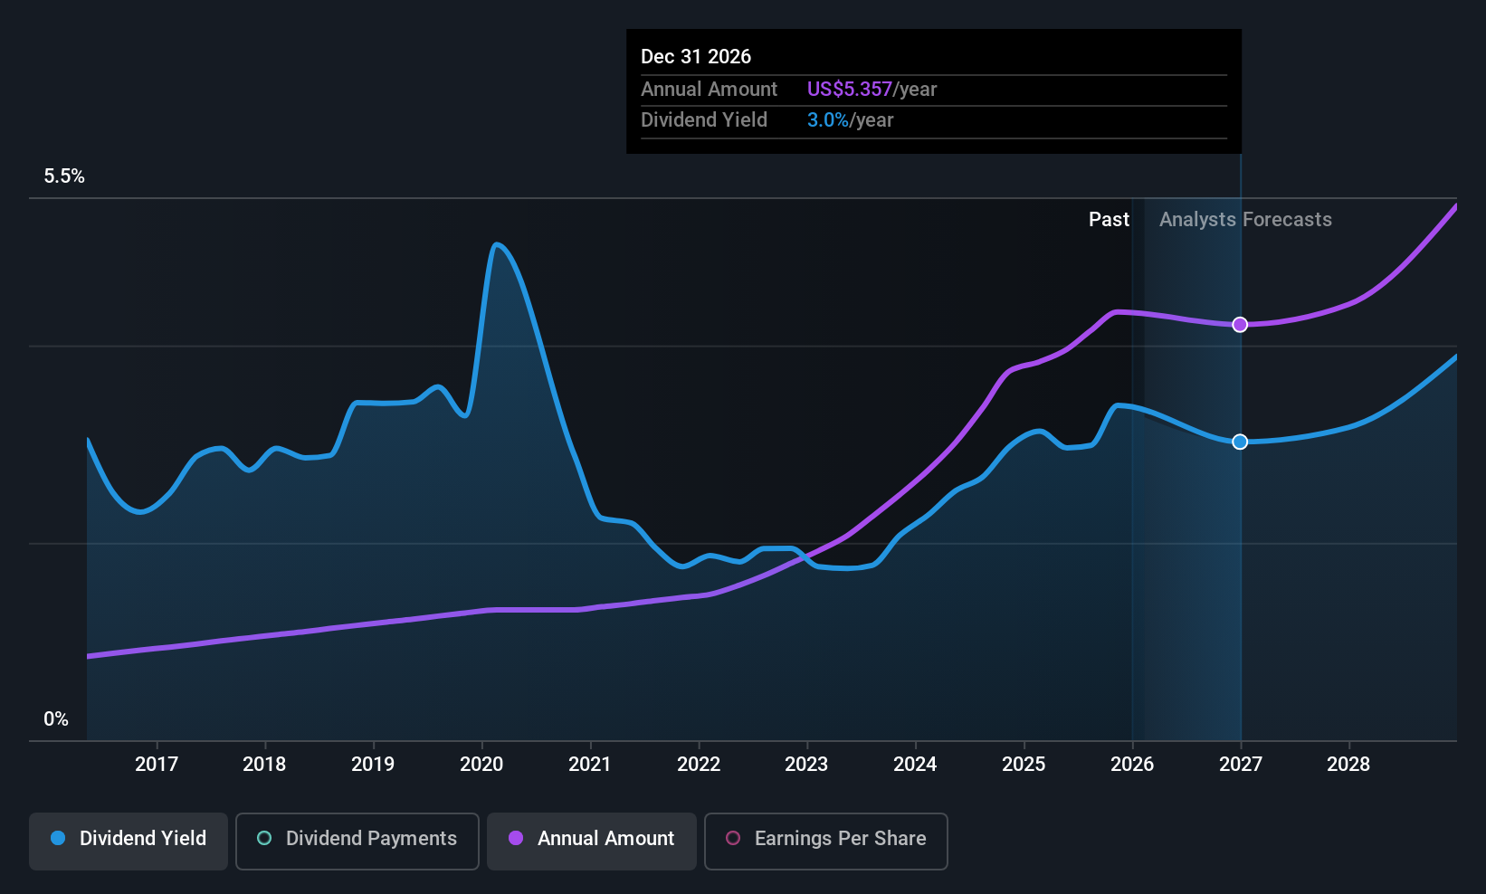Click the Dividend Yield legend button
(x=128, y=841)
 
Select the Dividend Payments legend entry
(x=357, y=841)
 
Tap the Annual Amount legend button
(x=591, y=841)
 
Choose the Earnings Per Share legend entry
(x=826, y=841)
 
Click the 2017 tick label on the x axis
(x=157, y=764)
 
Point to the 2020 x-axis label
(x=481, y=764)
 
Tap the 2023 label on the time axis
(x=806, y=764)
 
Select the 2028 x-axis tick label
(x=1348, y=764)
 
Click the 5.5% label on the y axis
(x=64, y=176)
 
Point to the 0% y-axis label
(x=56, y=719)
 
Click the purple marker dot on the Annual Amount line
(x=1240, y=324)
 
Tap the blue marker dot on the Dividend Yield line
(x=1240, y=442)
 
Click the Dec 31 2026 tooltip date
(x=696, y=57)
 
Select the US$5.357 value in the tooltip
(x=849, y=89)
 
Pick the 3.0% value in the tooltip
(x=828, y=120)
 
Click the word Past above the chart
(x=1110, y=220)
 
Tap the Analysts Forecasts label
(x=1245, y=220)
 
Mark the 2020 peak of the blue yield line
(x=496, y=244)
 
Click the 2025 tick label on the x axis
(x=1024, y=764)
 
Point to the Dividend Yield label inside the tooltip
(x=704, y=120)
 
